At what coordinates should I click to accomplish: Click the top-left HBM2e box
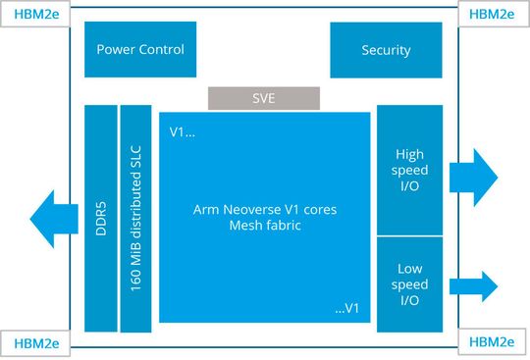[x=34, y=14]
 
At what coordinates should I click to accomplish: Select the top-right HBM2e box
[x=493, y=14]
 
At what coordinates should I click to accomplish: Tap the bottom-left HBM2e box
[x=34, y=343]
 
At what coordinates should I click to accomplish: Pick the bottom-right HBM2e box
[x=493, y=343]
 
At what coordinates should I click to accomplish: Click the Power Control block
[x=140, y=50]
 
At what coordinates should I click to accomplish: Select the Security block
[x=386, y=50]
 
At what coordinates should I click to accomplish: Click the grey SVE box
[x=264, y=98]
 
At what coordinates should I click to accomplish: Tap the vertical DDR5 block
[x=100, y=218]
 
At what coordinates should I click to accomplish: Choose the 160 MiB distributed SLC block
[x=135, y=218]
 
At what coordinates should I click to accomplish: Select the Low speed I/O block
[x=410, y=284]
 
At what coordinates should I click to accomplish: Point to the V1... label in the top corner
[x=183, y=131]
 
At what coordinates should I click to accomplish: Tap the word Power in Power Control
[x=117, y=50]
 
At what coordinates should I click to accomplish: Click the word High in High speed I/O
[x=410, y=154]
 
